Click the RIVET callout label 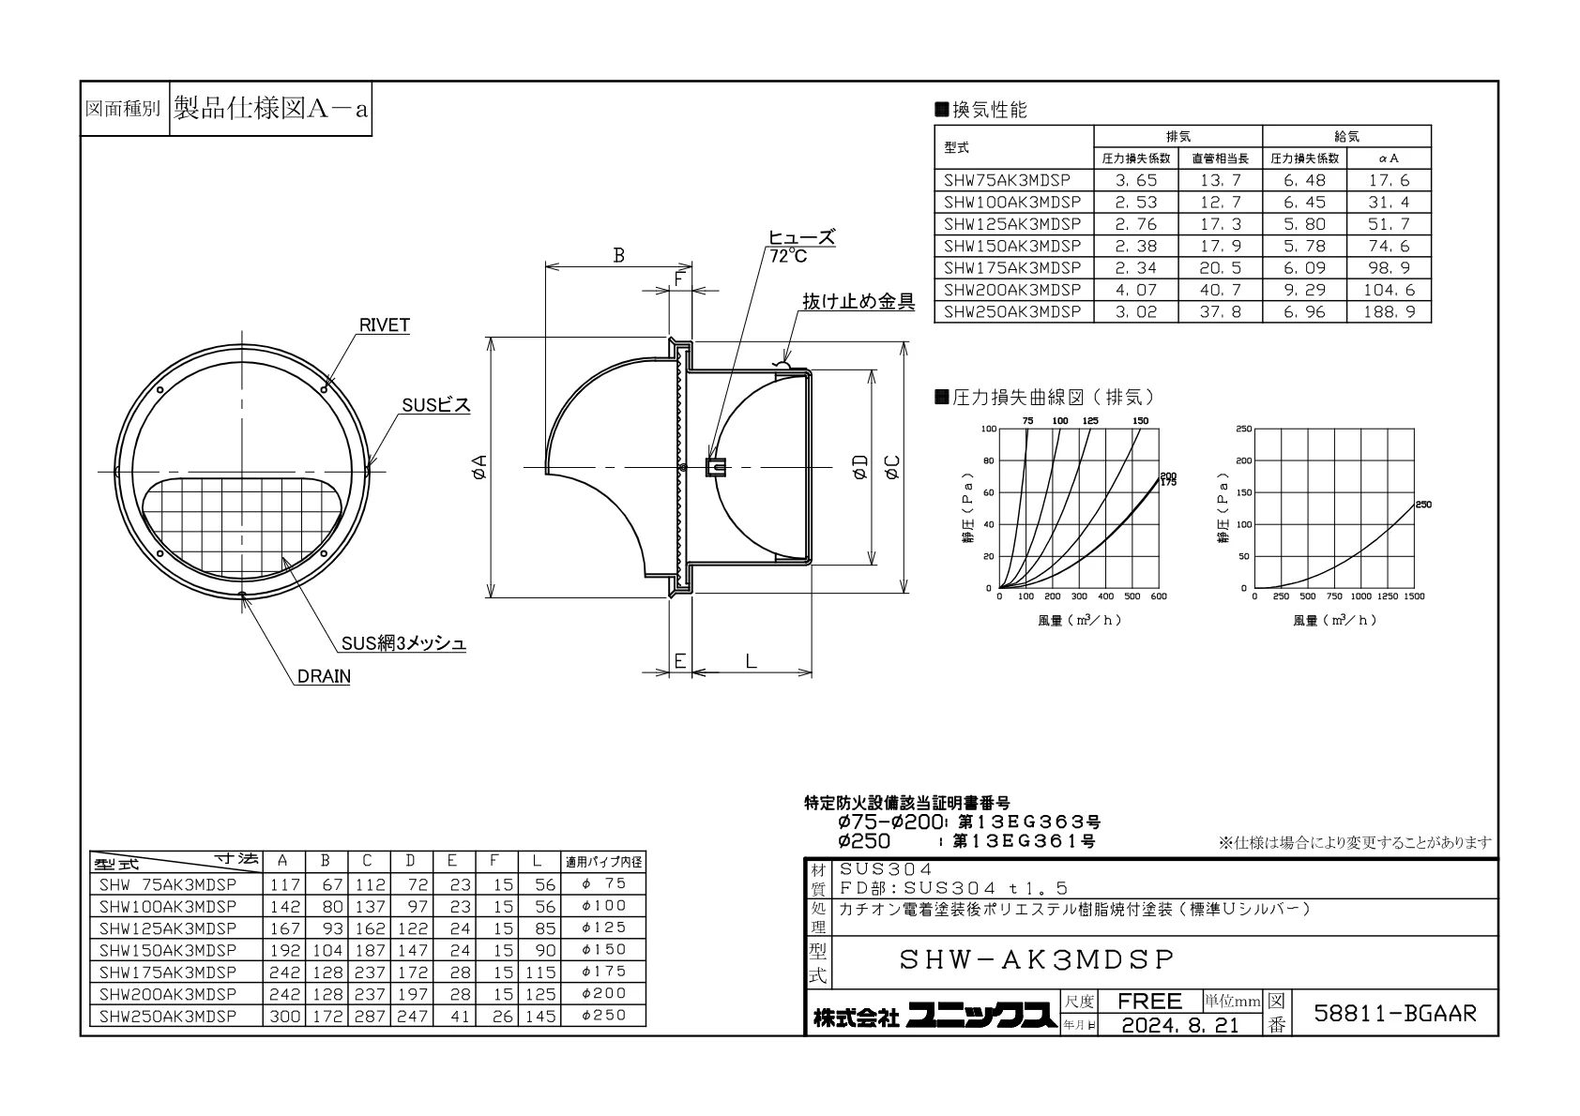click(384, 325)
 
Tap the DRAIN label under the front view click(324, 676)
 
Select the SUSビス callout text click(435, 405)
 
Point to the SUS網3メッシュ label click(403, 643)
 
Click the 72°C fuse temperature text click(788, 256)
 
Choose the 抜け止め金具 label click(858, 302)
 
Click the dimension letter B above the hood click(618, 255)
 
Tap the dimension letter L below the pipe click(752, 661)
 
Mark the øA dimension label click(479, 467)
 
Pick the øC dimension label click(892, 467)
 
